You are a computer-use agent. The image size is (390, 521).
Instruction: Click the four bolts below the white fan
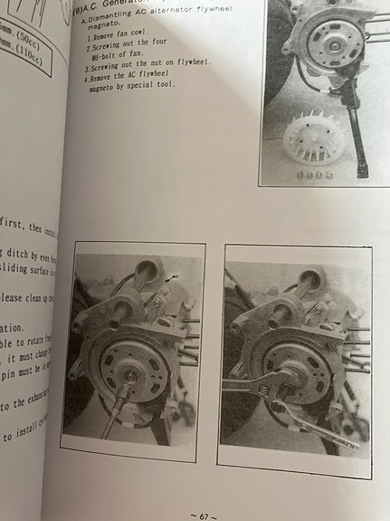[x=313, y=173]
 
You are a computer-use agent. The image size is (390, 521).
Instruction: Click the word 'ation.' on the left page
[x=13, y=328]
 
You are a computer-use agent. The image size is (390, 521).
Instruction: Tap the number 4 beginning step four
[x=88, y=77]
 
